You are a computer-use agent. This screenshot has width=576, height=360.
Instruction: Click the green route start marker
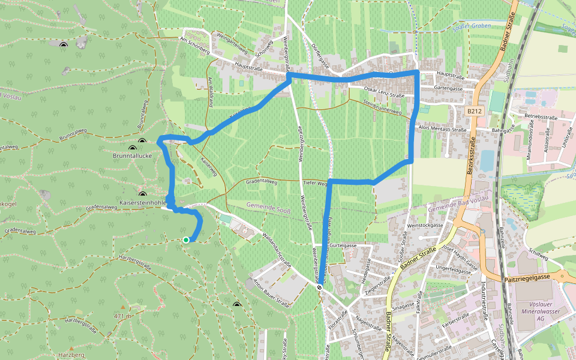(186, 240)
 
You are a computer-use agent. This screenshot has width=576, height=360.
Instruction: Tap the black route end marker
(320, 287)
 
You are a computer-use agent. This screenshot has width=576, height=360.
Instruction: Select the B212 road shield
(475, 111)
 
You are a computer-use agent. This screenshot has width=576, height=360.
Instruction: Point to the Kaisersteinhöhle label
(143, 203)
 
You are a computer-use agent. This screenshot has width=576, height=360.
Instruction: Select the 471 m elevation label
(122, 316)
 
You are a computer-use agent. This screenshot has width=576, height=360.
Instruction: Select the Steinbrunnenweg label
(382, 106)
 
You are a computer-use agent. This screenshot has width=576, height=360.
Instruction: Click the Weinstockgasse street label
(425, 225)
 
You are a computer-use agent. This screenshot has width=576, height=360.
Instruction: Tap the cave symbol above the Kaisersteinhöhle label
(143, 194)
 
